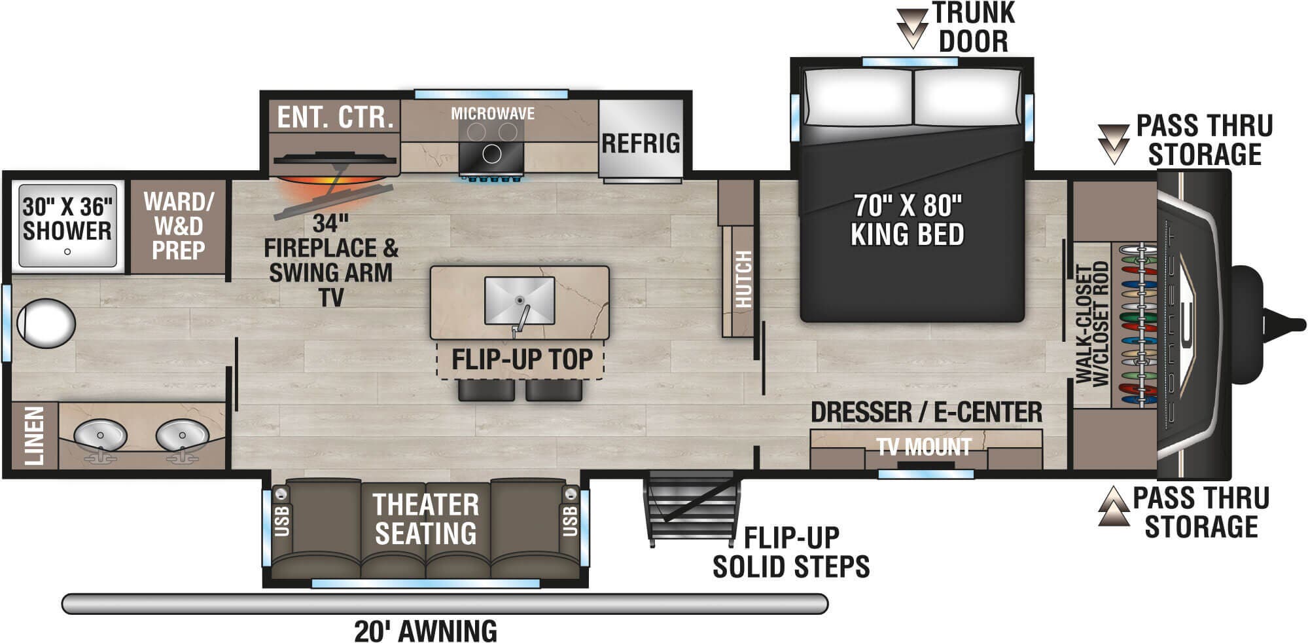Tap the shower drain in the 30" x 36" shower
pyautogui.click(x=67, y=251)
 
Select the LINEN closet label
pyautogui.click(x=34, y=435)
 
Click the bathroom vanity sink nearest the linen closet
pyautogui.click(x=100, y=435)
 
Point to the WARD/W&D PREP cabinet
pyautogui.click(x=178, y=226)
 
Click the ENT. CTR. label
pyautogui.click(x=335, y=118)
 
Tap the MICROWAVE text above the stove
pyautogui.click(x=492, y=114)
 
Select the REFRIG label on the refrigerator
pyautogui.click(x=641, y=143)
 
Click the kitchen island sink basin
pyautogui.click(x=520, y=300)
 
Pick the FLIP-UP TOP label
pyautogui.click(x=521, y=359)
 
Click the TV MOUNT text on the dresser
pyautogui.click(x=923, y=447)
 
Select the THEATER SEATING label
pyautogui.click(x=425, y=519)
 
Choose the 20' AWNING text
pyautogui.click(x=425, y=631)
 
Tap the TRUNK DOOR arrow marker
pyautogui.click(x=912, y=28)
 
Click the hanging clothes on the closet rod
pyautogui.click(x=1142, y=324)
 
